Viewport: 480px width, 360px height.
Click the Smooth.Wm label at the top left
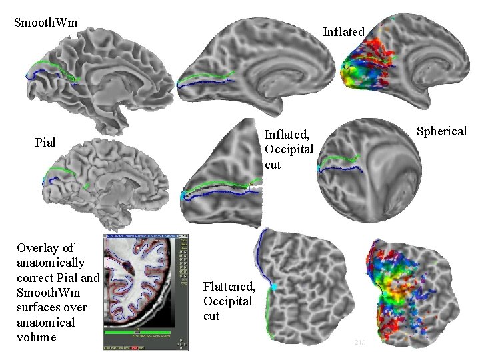coord(46,23)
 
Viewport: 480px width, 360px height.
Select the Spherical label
coord(441,131)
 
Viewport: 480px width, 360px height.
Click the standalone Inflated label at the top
coord(343,31)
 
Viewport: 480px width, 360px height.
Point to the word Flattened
coord(229,287)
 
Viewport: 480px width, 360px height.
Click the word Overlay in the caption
coord(45,248)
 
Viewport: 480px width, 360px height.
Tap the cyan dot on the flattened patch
coord(273,287)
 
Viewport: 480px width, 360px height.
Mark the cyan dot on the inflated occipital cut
coord(183,196)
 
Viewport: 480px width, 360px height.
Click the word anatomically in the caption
coord(51,263)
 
